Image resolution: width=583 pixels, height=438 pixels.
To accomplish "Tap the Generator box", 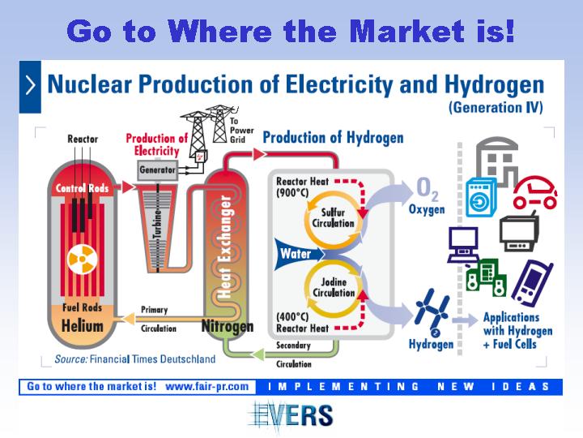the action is pos(158,170).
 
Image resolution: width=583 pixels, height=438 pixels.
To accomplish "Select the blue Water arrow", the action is pos(299,254).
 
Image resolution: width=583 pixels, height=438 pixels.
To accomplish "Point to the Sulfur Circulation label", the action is pos(333,218).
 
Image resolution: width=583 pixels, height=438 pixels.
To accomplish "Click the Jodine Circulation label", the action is pos(334,287).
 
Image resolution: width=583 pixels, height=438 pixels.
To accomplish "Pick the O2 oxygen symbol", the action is pos(428,188).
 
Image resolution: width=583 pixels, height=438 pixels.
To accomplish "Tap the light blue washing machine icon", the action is pos(481,197).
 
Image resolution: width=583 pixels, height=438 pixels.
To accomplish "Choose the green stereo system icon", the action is pos(486,277).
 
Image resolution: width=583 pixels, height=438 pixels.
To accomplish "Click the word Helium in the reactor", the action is pos(82,326).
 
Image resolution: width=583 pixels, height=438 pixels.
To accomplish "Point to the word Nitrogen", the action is pos(228,327).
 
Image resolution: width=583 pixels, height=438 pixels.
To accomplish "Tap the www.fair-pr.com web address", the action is pos(207,386).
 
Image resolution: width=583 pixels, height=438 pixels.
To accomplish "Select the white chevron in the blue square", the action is pos(30,86).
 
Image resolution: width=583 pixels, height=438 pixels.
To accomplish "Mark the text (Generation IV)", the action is pos(496,108).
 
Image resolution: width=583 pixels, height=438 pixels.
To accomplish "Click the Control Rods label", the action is pos(82,188).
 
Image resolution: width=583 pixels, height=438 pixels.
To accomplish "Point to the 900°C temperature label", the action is pos(292,192).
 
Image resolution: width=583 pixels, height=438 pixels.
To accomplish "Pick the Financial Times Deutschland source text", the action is pos(153,359).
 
